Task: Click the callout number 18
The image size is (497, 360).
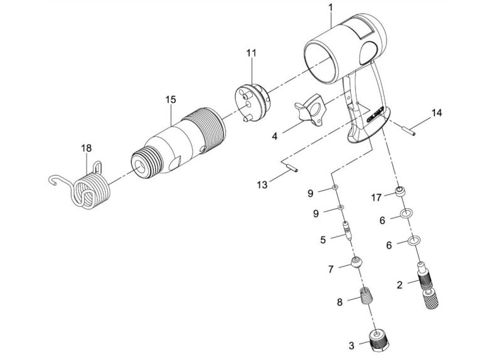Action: [86, 148]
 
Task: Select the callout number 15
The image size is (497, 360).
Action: [171, 100]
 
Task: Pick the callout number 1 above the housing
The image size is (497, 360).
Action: [331, 8]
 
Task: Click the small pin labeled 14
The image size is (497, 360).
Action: [409, 130]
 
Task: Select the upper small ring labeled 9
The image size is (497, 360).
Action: [334, 188]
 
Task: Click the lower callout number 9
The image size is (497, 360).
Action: [316, 214]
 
